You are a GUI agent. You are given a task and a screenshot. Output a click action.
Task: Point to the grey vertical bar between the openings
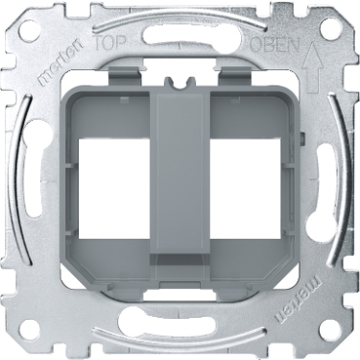point(180,180)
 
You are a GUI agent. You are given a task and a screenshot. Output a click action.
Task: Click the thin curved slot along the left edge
point(29,180)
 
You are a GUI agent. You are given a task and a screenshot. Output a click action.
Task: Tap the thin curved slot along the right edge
point(332,180)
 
